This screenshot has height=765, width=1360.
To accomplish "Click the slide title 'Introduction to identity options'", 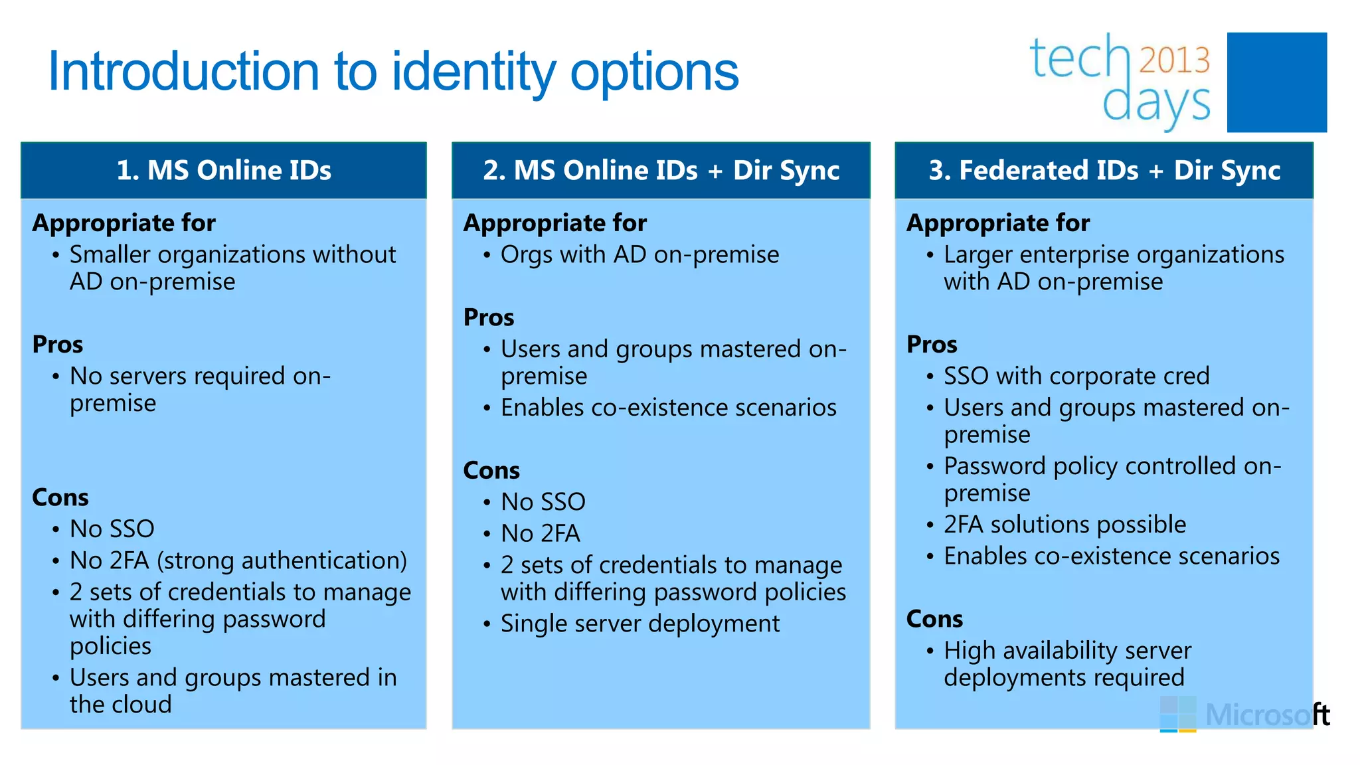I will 393,72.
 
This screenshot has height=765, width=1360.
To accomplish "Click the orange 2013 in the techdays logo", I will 1174,60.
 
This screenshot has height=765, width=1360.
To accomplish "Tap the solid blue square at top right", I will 1276,82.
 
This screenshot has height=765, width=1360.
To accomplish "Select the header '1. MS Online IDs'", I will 224,170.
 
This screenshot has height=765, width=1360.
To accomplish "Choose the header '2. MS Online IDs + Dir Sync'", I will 661,170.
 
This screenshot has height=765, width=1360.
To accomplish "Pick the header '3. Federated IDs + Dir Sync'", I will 1104,170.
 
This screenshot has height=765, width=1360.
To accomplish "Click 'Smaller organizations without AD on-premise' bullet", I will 232,268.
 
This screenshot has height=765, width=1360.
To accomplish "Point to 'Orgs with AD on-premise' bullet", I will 639,254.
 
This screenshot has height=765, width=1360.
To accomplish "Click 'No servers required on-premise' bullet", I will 199,389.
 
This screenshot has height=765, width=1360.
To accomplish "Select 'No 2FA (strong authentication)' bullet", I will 238,560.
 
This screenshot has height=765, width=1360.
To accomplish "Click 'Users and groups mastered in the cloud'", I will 232,691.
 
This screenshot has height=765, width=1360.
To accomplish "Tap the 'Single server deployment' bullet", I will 639,624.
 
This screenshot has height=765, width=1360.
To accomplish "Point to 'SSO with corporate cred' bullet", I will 1076,376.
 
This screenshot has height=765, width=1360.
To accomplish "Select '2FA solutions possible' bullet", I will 1064,525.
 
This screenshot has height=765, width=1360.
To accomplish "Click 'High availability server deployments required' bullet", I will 1067,664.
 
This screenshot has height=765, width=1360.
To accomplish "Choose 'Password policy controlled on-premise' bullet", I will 1112,479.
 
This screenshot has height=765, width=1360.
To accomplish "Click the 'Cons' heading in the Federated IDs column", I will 934,619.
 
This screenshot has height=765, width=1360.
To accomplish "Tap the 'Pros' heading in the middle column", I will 489,317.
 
